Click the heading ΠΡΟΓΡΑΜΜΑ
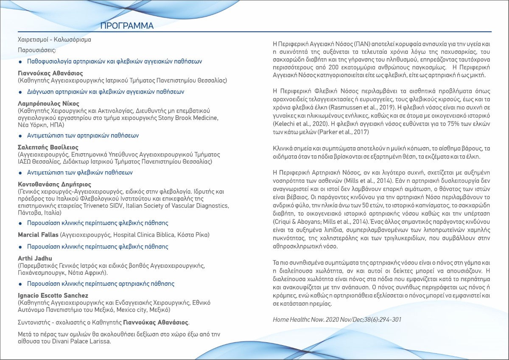[127, 26]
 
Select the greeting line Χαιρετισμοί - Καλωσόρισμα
[54, 40]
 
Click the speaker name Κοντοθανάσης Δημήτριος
[54, 184]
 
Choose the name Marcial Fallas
[38, 234]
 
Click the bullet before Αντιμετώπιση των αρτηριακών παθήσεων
[20, 136]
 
